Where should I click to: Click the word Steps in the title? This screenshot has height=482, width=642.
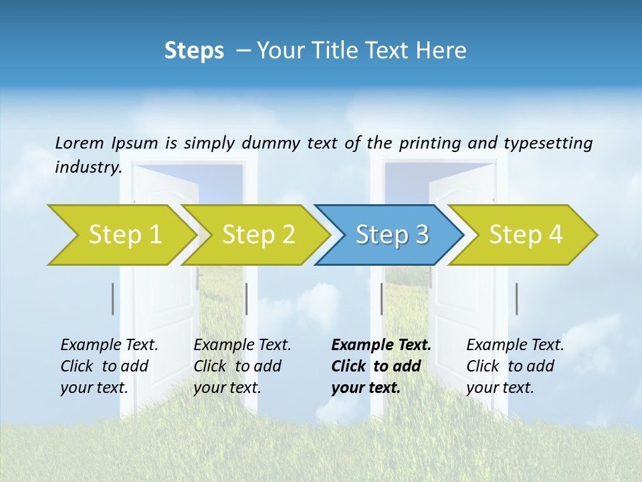pyautogui.click(x=194, y=51)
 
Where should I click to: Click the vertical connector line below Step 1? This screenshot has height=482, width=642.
pyautogui.click(x=113, y=299)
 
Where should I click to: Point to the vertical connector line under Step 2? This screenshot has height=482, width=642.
pyautogui.click(x=247, y=299)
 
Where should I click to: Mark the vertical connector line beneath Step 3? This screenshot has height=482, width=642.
pyautogui.click(x=381, y=299)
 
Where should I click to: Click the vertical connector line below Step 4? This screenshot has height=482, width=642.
pyautogui.click(x=516, y=299)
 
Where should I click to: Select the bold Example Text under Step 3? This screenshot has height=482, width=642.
pyautogui.click(x=381, y=366)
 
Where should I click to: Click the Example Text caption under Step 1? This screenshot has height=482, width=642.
pyautogui.click(x=109, y=366)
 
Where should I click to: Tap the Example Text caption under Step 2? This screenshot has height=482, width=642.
pyautogui.click(x=242, y=366)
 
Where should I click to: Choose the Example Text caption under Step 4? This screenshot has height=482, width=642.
pyautogui.click(x=515, y=366)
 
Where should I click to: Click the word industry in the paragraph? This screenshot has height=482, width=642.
pyautogui.click(x=87, y=167)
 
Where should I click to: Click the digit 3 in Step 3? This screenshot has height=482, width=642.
pyautogui.click(x=421, y=235)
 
